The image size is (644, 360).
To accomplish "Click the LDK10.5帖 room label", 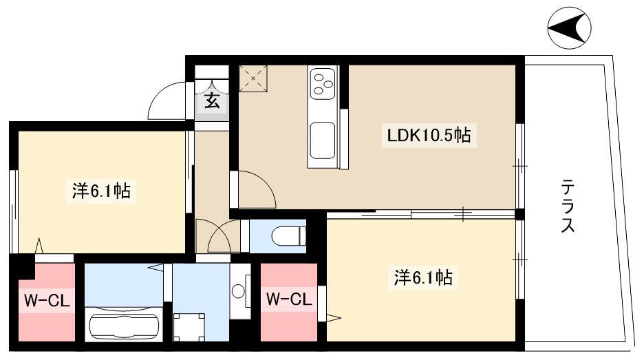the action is click(x=429, y=135).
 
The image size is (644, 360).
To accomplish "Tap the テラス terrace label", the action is click(x=568, y=206).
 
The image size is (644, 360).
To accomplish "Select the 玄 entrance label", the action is click(x=212, y=100).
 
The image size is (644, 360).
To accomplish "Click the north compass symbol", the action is click(x=570, y=28).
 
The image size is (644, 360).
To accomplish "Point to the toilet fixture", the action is click(x=289, y=236).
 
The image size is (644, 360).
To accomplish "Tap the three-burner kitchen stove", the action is click(x=323, y=83).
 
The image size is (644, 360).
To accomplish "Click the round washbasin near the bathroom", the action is click(x=238, y=292).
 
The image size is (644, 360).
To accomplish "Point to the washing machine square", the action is click(x=189, y=327).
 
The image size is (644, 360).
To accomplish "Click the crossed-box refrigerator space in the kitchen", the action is click(x=253, y=78).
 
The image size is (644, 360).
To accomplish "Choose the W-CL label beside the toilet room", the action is click(x=289, y=299).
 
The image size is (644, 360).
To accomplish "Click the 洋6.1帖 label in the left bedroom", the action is click(x=101, y=191).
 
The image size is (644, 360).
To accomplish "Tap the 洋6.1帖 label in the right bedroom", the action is click(x=423, y=278).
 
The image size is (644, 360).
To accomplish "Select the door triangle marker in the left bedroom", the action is click(x=39, y=246).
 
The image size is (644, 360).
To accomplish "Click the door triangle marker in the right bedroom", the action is click(x=334, y=317).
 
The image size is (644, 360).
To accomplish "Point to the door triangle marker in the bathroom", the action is click(x=156, y=268).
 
